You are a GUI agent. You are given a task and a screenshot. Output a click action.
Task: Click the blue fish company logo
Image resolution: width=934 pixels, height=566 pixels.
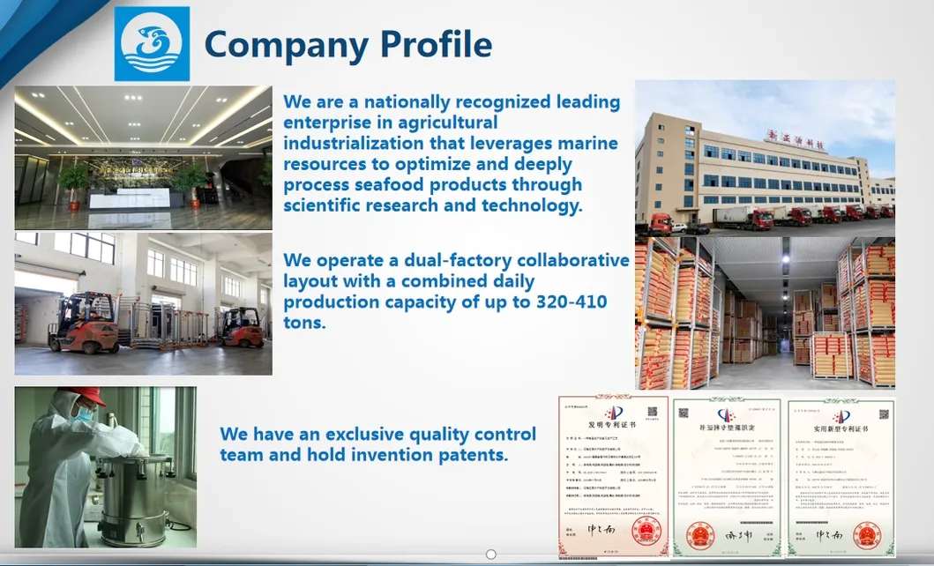(x=152, y=43)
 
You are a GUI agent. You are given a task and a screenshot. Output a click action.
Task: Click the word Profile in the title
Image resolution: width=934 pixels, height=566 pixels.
(x=432, y=43)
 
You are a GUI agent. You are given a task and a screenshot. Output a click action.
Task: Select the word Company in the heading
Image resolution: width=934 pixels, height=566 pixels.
(x=283, y=43)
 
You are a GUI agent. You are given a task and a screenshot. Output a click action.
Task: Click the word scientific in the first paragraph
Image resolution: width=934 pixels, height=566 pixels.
(x=331, y=206)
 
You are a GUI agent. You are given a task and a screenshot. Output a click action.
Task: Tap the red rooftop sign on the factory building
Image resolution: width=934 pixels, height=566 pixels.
(x=795, y=139)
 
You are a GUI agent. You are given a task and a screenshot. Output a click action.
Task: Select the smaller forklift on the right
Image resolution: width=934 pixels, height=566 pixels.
(x=241, y=327)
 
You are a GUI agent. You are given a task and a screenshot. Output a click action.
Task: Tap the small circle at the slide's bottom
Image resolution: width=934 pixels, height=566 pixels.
(x=491, y=555)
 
